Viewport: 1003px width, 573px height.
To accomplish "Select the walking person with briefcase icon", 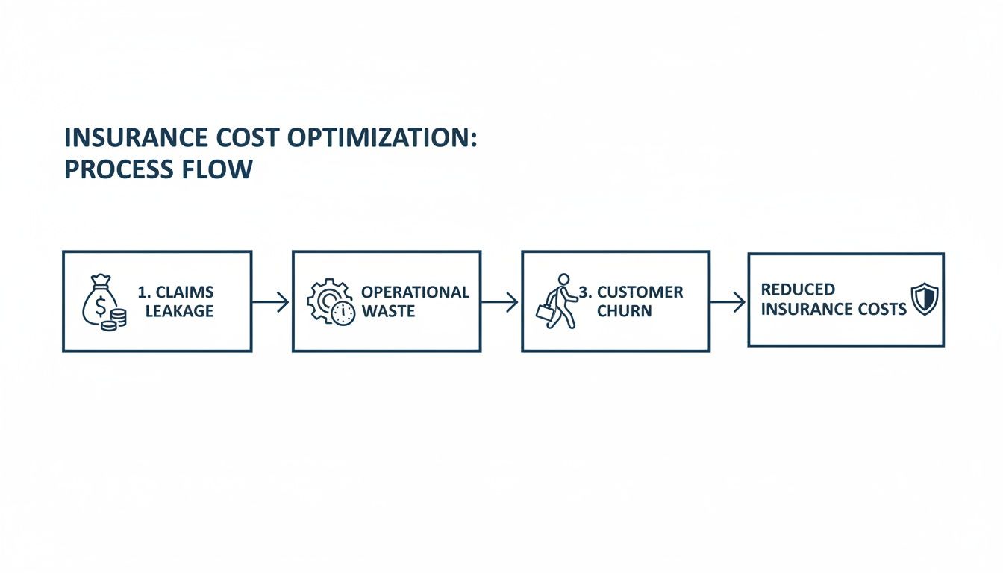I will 557,301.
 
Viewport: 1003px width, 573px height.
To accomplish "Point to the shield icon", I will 924,299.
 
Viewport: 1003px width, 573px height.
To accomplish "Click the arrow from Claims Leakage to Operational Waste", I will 271,301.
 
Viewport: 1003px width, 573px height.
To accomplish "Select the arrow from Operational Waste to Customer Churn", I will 500,301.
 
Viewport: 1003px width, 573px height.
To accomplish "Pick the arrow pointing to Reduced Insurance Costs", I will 728,301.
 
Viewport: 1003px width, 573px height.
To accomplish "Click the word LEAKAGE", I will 179,311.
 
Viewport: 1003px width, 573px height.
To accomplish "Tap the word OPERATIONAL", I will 415,292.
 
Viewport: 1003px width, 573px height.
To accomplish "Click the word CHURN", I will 624,311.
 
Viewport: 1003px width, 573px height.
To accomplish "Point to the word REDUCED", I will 798,289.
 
